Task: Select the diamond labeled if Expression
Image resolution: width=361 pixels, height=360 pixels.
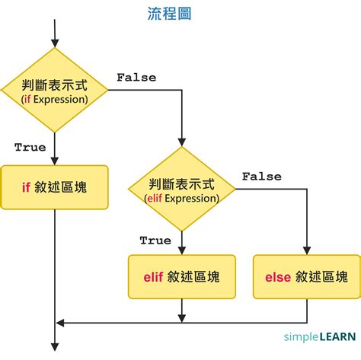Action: tap(54, 90)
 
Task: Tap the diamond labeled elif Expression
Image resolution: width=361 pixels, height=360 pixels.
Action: tap(182, 190)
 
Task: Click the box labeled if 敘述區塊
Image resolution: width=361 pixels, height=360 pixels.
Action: tap(54, 185)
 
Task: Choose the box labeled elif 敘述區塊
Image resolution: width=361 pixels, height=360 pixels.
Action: tap(182, 276)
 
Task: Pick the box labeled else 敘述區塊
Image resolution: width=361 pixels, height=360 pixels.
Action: tap(306, 276)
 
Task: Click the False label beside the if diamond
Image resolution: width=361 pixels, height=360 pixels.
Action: tap(136, 78)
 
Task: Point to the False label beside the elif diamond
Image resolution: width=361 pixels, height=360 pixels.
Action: tap(263, 176)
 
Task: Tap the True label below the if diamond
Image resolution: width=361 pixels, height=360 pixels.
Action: tap(30, 147)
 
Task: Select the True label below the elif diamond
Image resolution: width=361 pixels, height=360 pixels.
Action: tap(155, 241)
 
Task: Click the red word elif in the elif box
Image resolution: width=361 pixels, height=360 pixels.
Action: tap(155, 277)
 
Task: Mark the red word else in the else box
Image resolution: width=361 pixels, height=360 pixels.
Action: tap(277, 277)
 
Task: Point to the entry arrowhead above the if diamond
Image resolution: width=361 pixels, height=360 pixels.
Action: tap(54, 42)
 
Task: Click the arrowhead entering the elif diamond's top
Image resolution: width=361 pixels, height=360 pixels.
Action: tap(182, 143)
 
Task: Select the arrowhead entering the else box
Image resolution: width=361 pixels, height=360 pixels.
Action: tap(306, 250)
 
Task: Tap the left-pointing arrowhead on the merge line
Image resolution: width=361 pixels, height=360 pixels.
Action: tap(62, 323)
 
